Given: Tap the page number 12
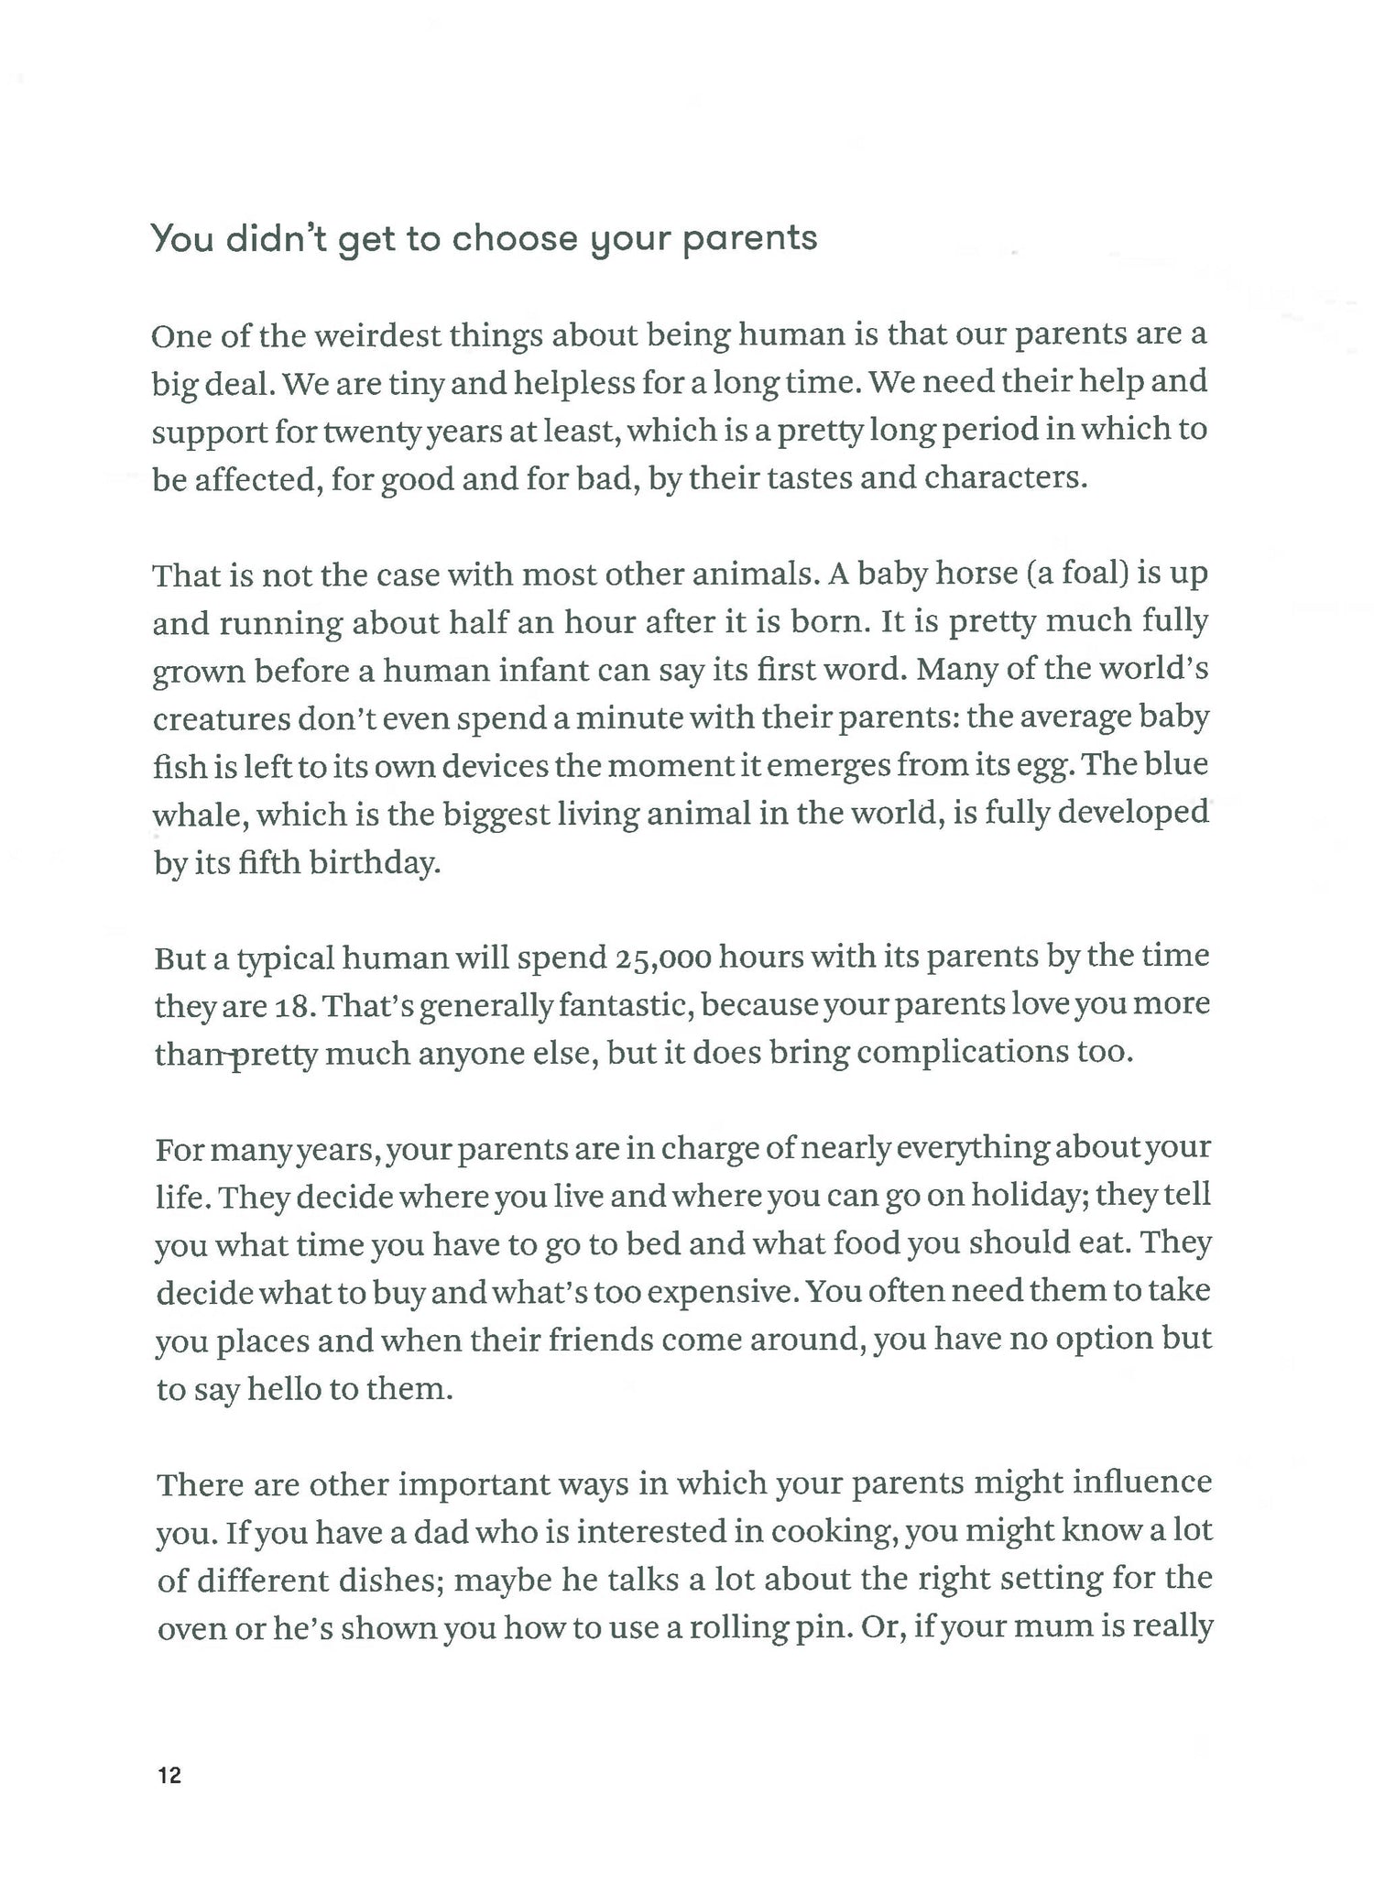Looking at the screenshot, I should tap(169, 1776).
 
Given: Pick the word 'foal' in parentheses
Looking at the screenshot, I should tap(1084, 574).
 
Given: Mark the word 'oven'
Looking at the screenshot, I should tap(191, 1628).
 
